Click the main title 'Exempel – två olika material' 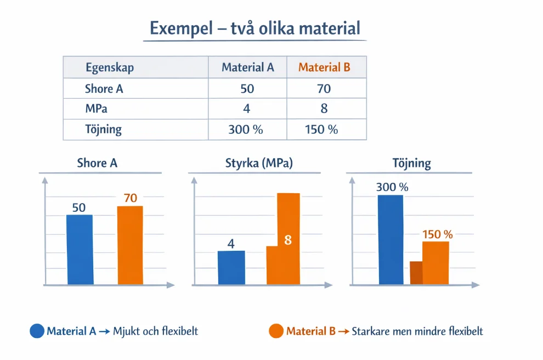pos(255,28)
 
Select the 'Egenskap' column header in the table pos(110,68)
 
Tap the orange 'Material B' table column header pos(324,68)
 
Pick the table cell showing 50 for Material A pos(247,89)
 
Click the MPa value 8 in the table pos(324,109)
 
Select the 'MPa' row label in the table pos(95,109)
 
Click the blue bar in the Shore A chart pos(80,250)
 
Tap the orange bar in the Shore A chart pos(131,245)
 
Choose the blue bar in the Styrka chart pos(231,268)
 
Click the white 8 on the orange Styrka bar pos(287,240)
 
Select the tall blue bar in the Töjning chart pos(391,240)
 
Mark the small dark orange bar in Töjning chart pos(416,273)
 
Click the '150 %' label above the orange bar pos(437,234)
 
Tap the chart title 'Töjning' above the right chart pos(412,164)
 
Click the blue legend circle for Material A pos(37,331)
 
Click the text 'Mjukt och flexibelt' pos(156,331)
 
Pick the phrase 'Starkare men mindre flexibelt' pos(417,331)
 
